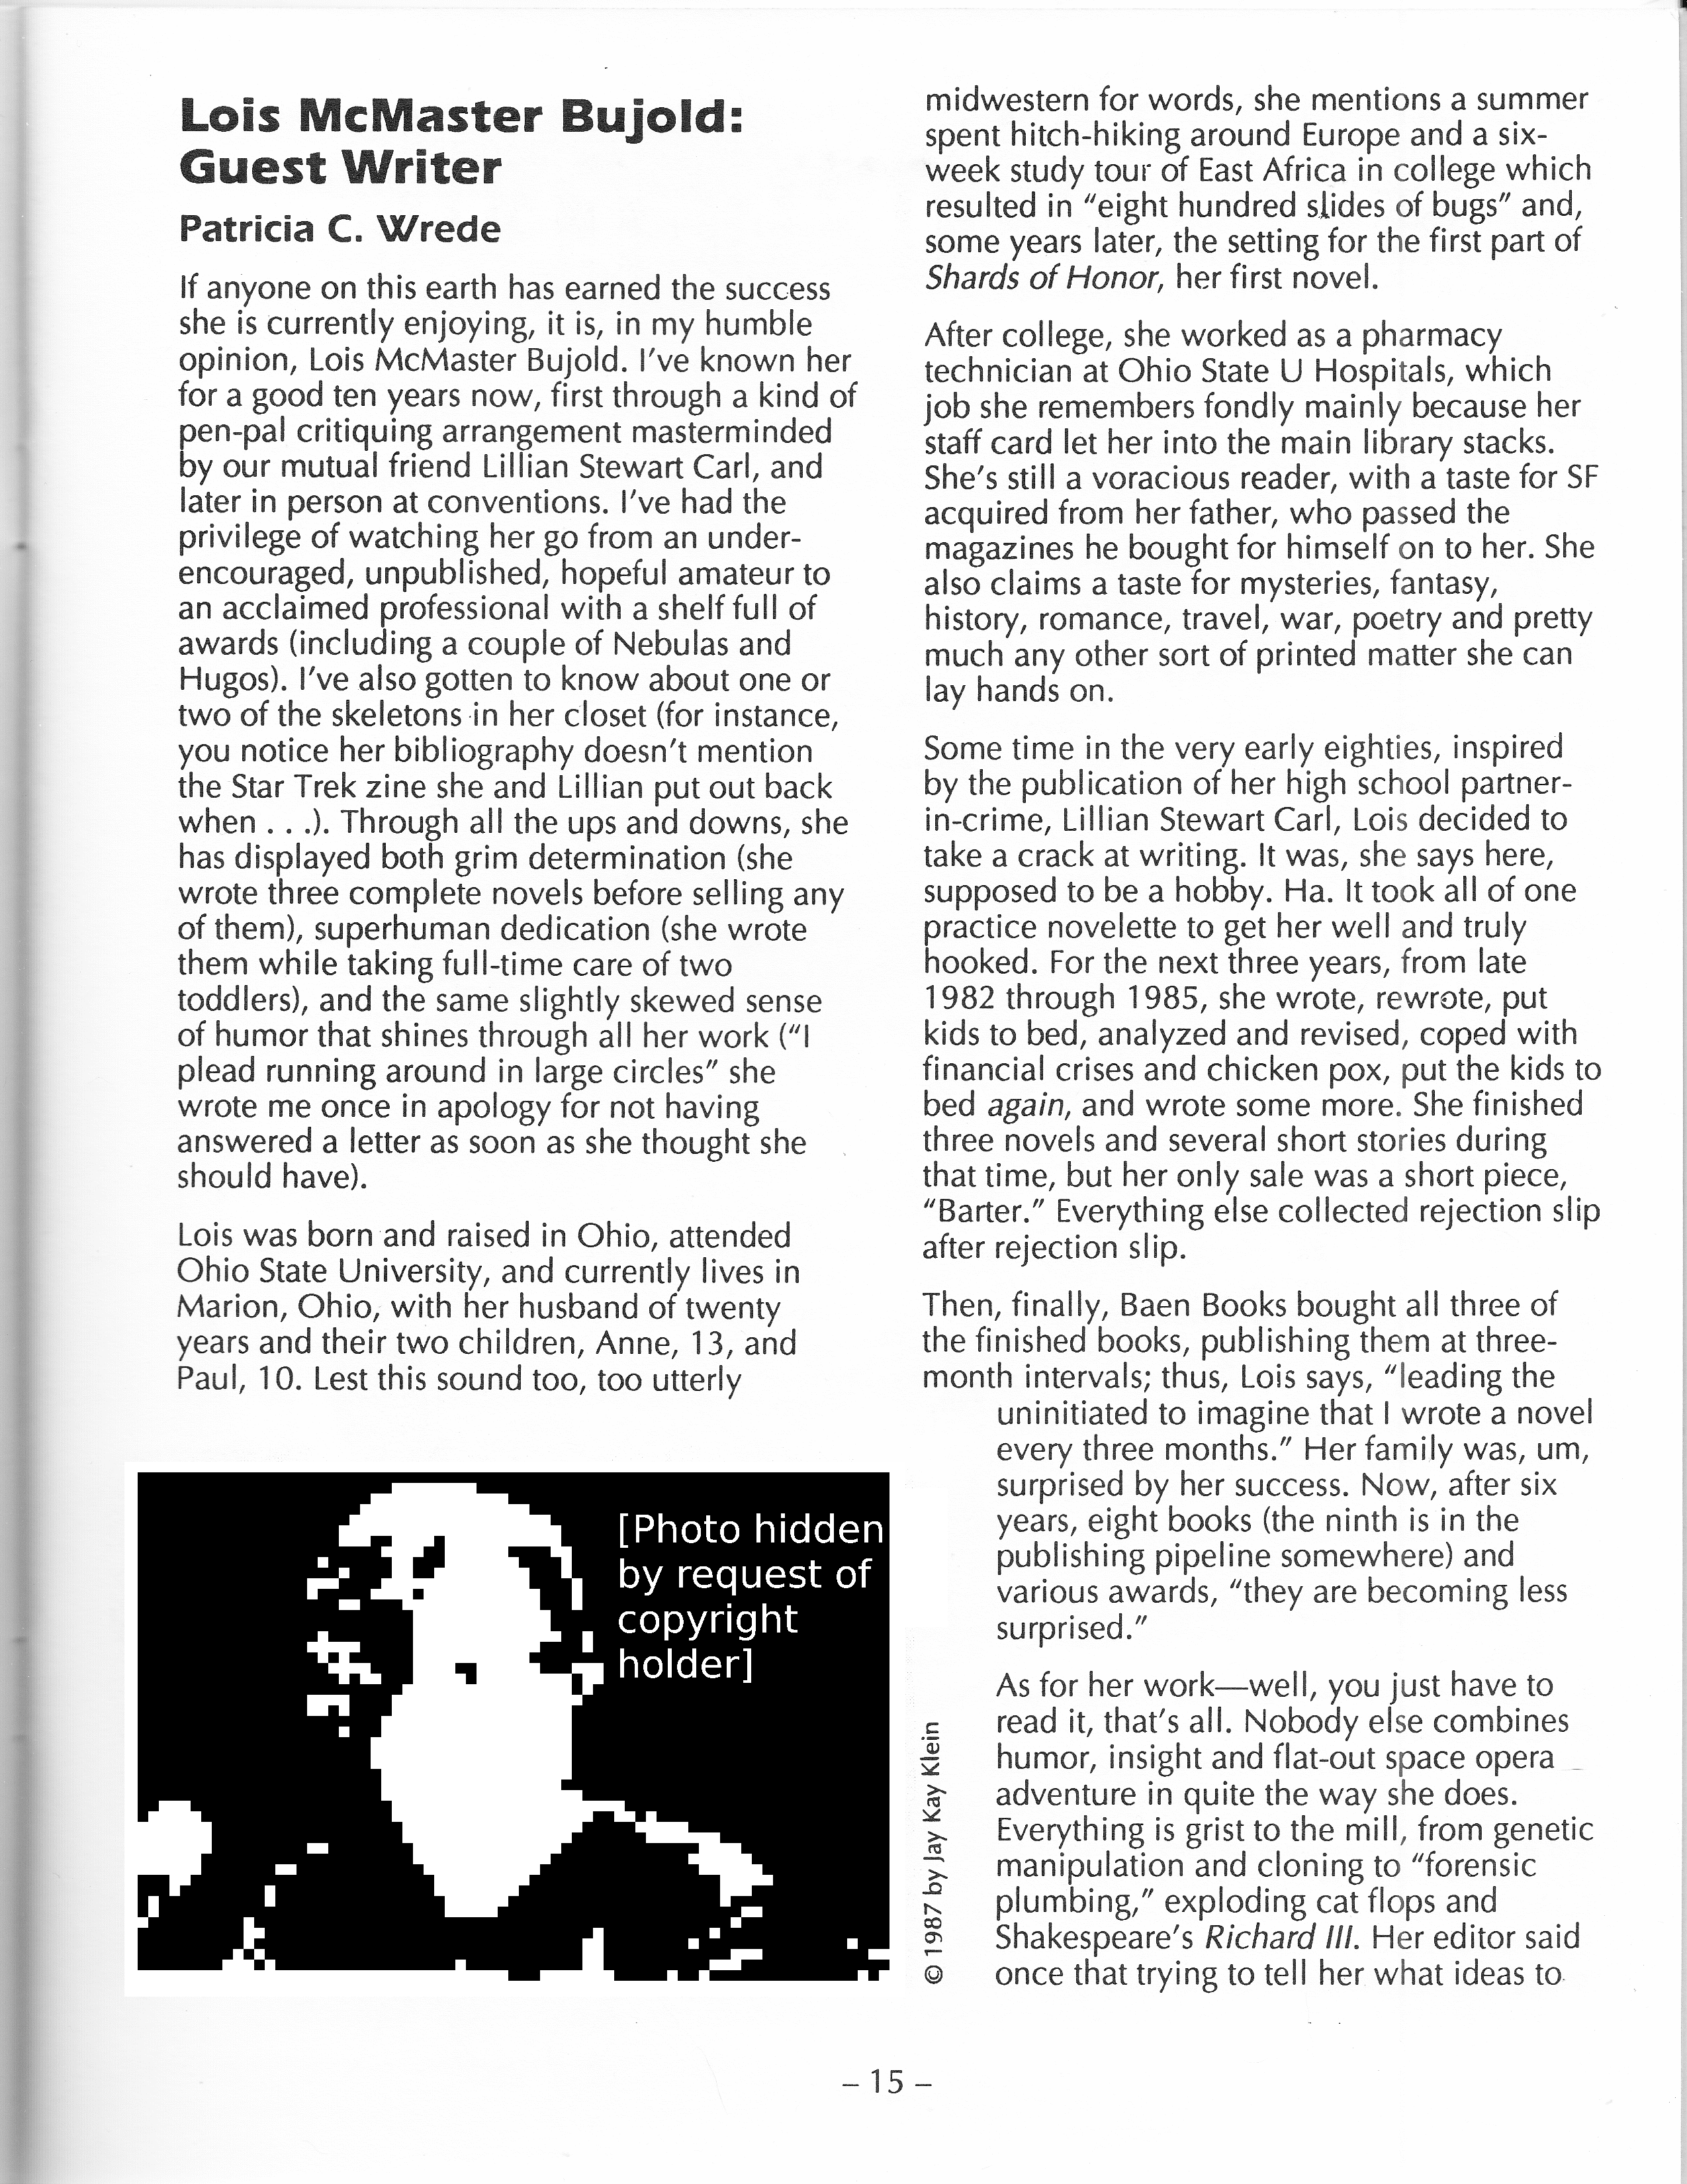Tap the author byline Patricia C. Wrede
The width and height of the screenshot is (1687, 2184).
[339, 229]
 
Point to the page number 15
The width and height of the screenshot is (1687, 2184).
[885, 2081]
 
